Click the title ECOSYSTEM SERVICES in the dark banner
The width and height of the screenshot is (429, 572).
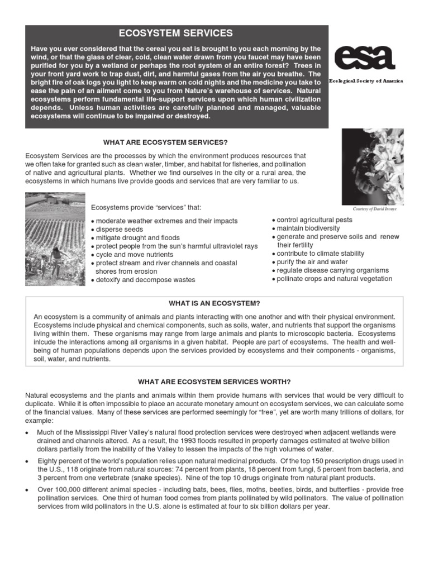click(176, 34)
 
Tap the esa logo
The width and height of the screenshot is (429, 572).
click(364, 58)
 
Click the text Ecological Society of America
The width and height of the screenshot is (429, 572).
click(366, 81)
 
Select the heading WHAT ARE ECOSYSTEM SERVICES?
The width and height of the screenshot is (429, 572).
click(166, 143)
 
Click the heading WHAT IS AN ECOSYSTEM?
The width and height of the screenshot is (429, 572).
click(214, 303)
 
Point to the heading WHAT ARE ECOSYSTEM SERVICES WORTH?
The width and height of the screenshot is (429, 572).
click(214, 382)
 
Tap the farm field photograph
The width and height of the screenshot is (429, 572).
click(55, 239)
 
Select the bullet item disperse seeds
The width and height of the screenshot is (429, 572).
click(119, 230)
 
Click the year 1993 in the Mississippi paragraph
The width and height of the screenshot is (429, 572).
click(223, 441)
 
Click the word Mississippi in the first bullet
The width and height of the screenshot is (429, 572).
click(90, 432)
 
